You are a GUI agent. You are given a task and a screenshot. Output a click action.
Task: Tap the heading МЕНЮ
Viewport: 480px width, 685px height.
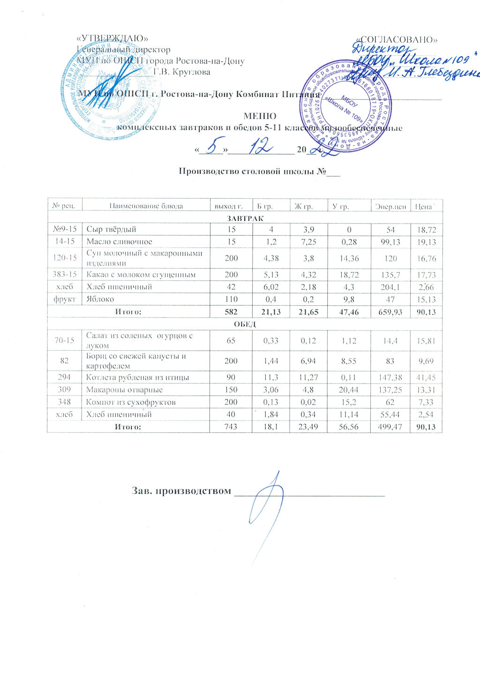(260, 116)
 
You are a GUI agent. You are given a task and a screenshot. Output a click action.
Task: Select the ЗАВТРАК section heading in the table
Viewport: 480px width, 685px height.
(245, 218)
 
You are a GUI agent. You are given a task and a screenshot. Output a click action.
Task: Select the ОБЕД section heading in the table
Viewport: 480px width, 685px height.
(245, 324)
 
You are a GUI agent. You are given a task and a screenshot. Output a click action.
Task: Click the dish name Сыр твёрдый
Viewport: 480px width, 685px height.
(111, 229)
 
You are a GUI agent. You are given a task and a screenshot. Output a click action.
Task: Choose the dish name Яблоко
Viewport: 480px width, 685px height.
(99, 299)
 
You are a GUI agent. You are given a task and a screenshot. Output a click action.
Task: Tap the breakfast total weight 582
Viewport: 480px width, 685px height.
(231, 311)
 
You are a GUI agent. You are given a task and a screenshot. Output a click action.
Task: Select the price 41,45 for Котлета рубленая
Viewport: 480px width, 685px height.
(426, 377)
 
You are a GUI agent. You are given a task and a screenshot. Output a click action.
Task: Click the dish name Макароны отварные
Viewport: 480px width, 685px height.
(124, 390)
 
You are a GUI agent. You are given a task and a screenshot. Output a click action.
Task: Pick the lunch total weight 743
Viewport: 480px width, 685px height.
(231, 427)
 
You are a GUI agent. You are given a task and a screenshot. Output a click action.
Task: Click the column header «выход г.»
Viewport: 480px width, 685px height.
(228, 206)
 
